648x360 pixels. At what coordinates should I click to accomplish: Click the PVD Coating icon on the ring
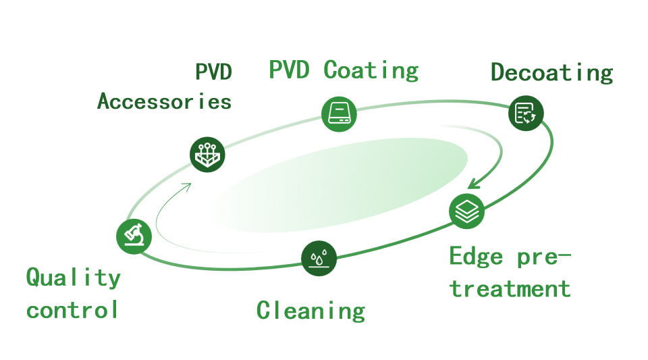click(x=338, y=113)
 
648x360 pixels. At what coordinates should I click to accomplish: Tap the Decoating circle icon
click(x=525, y=112)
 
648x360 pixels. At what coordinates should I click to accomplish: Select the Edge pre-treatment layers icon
click(x=466, y=210)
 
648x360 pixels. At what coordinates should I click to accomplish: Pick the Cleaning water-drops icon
click(x=320, y=258)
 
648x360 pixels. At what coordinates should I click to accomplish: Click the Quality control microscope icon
click(x=134, y=236)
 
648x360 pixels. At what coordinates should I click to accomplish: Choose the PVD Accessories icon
click(x=207, y=155)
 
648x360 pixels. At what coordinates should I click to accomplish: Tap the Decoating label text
click(x=551, y=72)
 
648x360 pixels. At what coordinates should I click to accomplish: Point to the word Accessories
click(x=164, y=101)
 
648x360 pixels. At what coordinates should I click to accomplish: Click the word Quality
click(x=73, y=277)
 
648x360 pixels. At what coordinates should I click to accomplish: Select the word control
click(x=73, y=310)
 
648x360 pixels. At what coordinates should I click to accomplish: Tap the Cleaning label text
click(x=310, y=310)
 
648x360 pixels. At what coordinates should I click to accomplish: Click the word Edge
click(x=476, y=257)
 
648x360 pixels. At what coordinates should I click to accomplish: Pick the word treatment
click(x=510, y=289)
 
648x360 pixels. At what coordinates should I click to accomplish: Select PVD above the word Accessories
click(x=213, y=72)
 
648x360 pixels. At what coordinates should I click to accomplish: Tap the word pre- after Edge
click(x=544, y=257)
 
